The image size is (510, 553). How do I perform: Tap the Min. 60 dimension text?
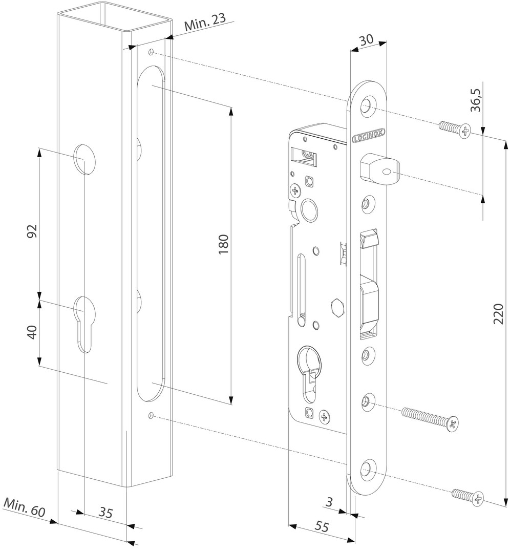pos(25,507)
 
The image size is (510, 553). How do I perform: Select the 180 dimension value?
pos(224,244)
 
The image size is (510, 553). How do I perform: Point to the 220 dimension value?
pos(498,313)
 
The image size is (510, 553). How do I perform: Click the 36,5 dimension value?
pos(477,100)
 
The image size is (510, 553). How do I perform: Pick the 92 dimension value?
pos(32,231)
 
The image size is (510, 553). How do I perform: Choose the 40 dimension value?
pos(32,333)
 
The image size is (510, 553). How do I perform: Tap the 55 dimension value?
pos(321,526)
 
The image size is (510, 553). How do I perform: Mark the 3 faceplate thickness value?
pos(329,501)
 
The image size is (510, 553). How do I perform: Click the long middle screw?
pos(431,418)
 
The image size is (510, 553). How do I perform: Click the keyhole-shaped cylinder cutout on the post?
pos(83,324)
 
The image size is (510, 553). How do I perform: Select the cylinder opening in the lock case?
pos(309,373)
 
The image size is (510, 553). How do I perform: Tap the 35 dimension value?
pos(105,512)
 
